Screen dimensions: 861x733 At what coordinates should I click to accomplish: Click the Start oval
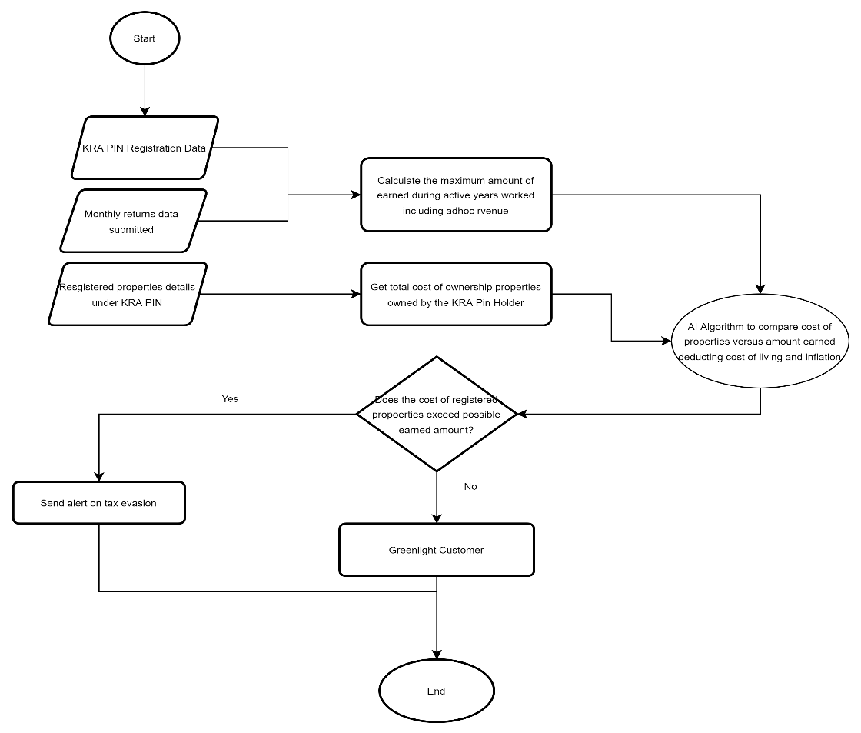145,38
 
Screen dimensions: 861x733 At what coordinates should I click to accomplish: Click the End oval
437,691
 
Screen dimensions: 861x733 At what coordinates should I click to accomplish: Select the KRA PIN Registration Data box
145,148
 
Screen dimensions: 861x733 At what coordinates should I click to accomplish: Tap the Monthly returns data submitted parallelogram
133,221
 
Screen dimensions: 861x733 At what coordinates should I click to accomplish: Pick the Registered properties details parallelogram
128,294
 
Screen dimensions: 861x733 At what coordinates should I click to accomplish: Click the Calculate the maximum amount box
456,195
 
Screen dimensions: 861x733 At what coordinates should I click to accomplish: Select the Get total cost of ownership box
456,294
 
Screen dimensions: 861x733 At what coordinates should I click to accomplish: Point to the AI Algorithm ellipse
760,341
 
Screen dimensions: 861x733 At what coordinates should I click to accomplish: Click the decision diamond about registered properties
437,414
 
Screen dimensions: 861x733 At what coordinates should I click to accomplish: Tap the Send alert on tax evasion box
99,503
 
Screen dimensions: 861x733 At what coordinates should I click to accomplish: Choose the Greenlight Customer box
437,549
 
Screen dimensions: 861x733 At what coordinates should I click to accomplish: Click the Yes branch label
230,399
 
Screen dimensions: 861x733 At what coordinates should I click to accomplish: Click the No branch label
470,487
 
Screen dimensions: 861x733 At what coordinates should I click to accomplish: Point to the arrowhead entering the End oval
437,655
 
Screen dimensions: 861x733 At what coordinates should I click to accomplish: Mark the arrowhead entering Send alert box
99,477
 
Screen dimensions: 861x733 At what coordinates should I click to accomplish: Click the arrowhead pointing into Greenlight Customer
437,518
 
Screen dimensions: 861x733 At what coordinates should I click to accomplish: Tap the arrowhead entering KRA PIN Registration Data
145,112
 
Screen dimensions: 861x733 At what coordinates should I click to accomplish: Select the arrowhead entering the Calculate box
356,195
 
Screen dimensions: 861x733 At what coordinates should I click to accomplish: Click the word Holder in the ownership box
509,303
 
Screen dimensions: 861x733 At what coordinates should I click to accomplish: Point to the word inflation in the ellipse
823,357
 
